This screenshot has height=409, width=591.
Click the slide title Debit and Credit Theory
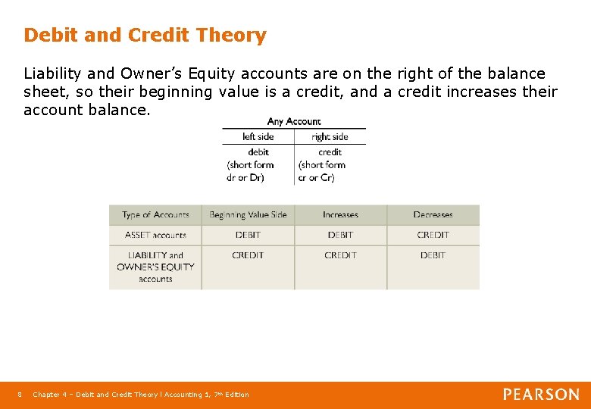coord(145,36)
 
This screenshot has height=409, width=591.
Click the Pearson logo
coord(541,395)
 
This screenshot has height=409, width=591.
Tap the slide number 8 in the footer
coord(20,395)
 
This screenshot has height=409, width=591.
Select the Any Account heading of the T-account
coord(294,121)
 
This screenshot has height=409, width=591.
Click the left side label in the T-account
coord(258,137)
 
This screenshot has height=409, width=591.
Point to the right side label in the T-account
coord(330,137)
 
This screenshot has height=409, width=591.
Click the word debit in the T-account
coord(258,151)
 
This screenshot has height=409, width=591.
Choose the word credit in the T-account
coord(330,151)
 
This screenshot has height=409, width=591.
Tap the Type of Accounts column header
coord(155,215)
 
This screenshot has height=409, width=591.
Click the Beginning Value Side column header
coord(248,215)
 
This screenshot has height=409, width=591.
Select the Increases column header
coord(340,215)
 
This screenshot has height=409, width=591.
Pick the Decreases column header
coord(433,215)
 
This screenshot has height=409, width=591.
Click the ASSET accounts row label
coord(155,236)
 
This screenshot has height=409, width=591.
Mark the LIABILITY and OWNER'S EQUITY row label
coord(155,267)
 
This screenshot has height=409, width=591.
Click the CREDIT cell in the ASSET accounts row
coord(433,236)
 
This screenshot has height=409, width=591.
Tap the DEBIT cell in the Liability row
coord(433,256)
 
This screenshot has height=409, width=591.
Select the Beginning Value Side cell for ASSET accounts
coord(248,236)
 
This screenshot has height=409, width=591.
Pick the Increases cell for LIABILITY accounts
coord(340,256)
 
